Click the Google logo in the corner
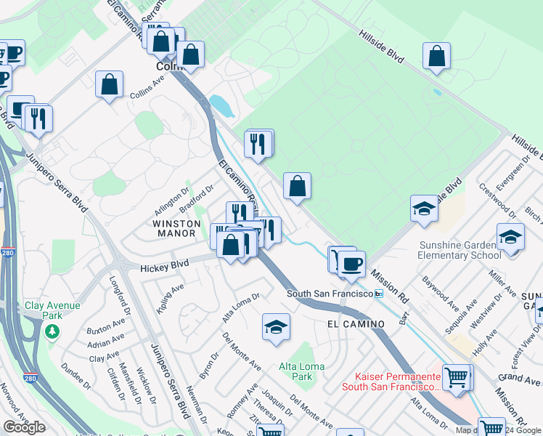[24, 427]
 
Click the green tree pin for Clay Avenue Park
[52, 331]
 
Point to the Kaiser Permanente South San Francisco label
[399, 381]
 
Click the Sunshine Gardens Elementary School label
[459, 249]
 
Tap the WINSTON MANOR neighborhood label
[174, 228]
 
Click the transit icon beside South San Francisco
[378, 294]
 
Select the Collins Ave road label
[147, 94]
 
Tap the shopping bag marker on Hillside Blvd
[437, 55]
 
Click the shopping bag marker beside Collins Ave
[109, 84]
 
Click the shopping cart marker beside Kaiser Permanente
[456, 376]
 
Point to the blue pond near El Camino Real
[221, 107]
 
